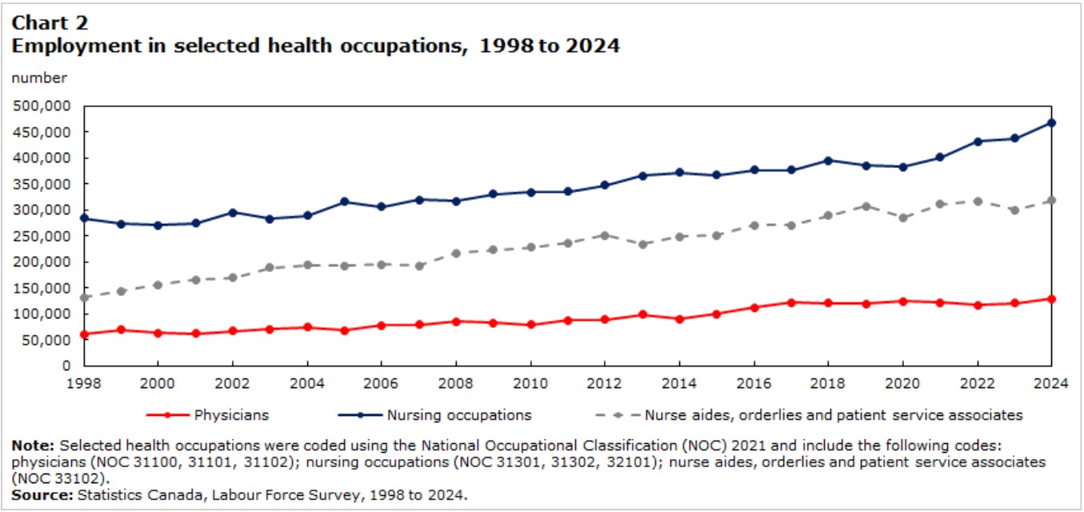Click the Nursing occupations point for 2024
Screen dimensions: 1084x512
coord(1051,123)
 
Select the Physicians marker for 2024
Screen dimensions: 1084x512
coord(1051,299)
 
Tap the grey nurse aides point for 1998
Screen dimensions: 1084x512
coord(84,298)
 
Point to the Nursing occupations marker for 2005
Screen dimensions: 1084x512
coord(345,202)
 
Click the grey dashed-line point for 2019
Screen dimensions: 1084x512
coord(866,206)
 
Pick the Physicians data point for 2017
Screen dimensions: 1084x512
coord(792,303)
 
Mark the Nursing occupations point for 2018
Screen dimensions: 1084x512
coord(828,161)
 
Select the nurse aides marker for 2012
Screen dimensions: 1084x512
coord(605,236)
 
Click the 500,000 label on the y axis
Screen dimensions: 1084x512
coord(42,106)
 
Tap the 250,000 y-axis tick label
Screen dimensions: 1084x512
coord(42,236)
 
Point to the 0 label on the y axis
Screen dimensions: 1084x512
coord(66,366)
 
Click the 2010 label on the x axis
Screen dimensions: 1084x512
coord(530,384)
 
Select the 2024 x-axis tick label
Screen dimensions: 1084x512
coord(1051,384)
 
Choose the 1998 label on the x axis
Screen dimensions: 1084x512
coord(84,384)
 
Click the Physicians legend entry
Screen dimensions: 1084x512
coord(208,415)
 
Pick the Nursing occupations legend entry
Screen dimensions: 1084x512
coord(434,415)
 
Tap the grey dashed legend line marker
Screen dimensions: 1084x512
coord(618,415)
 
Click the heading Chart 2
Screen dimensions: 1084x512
coord(50,22)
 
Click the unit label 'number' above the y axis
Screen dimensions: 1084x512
coord(39,78)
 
